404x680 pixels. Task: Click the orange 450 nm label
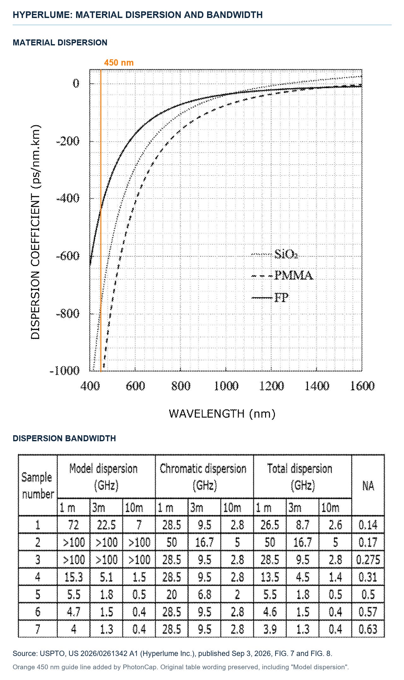[x=119, y=62]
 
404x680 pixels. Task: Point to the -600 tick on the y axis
[x=68, y=255]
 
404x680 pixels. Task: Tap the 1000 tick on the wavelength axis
[x=226, y=386]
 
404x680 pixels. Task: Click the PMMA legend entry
[x=282, y=275]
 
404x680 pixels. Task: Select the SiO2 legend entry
[x=275, y=254]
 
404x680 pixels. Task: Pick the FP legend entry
[x=270, y=297]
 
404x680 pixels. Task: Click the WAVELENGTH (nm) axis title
[x=222, y=413]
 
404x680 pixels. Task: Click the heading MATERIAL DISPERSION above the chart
[x=60, y=43]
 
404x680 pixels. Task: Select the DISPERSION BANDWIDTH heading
[x=64, y=438]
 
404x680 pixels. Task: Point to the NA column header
[x=368, y=485]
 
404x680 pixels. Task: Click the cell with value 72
[x=74, y=525]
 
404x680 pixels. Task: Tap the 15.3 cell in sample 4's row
[x=74, y=577]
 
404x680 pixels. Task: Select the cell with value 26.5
[x=270, y=525]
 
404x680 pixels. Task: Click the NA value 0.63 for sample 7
[x=368, y=629]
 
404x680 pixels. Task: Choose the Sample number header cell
[x=38, y=485]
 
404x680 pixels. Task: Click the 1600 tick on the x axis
[x=362, y=386]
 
